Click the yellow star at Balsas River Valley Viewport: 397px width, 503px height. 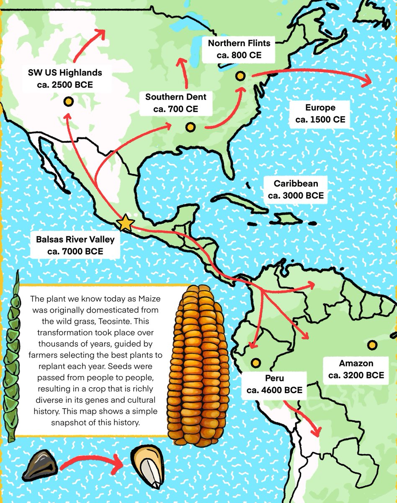click(126, 223)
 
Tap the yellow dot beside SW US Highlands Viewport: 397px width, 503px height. click(67, 101)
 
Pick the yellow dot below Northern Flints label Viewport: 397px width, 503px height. click(240, 76)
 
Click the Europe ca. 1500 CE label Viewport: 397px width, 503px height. click(320, 114)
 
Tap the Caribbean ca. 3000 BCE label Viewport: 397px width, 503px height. click(296, 189)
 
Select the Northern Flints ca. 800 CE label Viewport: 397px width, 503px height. click(239, 49)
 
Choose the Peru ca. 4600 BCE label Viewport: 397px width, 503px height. click(274, 384)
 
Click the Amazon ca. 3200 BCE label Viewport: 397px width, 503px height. click(356, 369)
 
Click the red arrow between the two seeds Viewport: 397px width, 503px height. click(92, 462)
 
